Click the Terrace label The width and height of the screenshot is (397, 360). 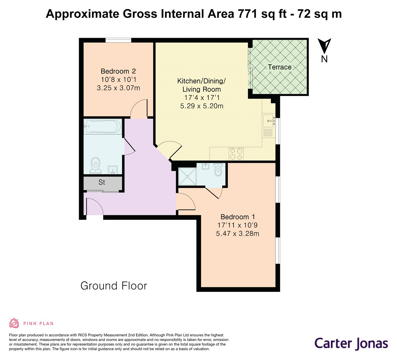point(280,67)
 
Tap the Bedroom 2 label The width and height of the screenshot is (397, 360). point(118,71)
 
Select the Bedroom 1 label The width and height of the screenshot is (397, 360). point(238,217)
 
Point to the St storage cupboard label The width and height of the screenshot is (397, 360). point(102,182)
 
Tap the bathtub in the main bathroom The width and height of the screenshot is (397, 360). point(103,126)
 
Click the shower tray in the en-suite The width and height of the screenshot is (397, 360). point(187,176)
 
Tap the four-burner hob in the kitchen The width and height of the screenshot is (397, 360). point(236,153)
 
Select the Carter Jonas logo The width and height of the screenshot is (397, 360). point(351,343)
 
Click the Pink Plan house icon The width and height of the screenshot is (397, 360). point(14,323)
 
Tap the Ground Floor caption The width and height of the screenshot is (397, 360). point(113,285)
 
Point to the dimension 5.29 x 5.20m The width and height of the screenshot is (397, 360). point(201,106)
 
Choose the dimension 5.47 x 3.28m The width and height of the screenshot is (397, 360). point(238,233)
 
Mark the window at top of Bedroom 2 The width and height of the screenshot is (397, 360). point(118,40)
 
